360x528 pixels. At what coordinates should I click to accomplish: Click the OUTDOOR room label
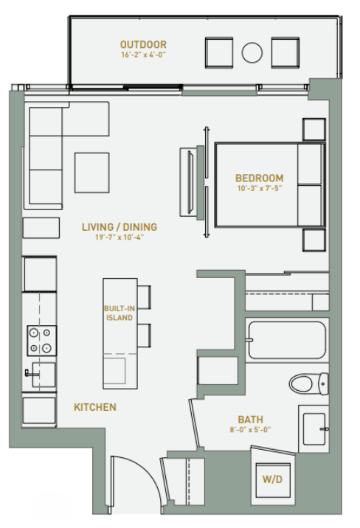[x=143, y=44]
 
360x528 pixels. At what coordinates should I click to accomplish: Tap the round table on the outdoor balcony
[x=252, y=53]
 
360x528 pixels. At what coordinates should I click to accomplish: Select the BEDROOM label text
[x=259, y=178]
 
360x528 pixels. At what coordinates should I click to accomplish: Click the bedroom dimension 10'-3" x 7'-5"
[x=259, y=189]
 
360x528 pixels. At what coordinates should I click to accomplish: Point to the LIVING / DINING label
[x=119, y=227]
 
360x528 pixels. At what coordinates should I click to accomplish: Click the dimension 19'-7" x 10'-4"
[x=119, y=238]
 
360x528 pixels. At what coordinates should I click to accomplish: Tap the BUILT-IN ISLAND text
[x=118, y=313]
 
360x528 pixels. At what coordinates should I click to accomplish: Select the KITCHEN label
[x=94, y=407]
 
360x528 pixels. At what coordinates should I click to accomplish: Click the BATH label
[x=250, y=420]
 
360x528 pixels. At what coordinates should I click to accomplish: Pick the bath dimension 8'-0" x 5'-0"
[x=250, y=430]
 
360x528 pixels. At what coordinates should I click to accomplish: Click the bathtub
[x=286, y=340]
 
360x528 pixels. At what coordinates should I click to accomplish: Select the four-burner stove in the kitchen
[x=41, y=341]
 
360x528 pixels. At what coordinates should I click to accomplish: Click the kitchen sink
[x=42, y=375]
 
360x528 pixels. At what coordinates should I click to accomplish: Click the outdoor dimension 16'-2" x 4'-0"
[x=143, y=55]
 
